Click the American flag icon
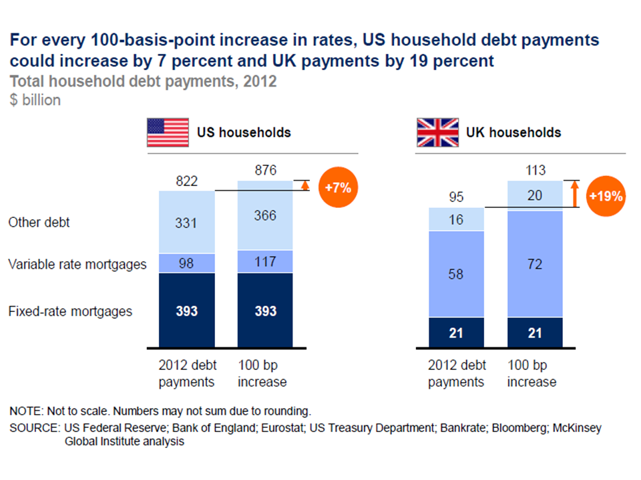pyautogui.click(x=168, y=133)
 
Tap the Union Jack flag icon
pyautogui.click(x=437, y=133)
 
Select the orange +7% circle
pyautogui.click(x=338, y=188)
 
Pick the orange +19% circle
pyautogui.click(x=606, y=196)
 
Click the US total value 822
pyautogui.click(x=186, y=181)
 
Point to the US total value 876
pyautogui.click(x=265, y=170)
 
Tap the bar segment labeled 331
pyautogui.click(x=186, y=222)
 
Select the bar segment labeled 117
pyautogui.click(x=265, y=261)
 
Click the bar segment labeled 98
pyautogui.click(x=186, y=263)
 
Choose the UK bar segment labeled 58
pyautogui.click(x=455, y=273)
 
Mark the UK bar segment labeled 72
pyautogui.click(x=535, y=264)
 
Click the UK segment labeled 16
pyautogui.click(x=455, y=219)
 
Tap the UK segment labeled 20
pyautogui.click(x=535, y=195)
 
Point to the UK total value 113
pyautogui.click(x=535, y=170)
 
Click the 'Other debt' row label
pyautogui.click(x=39, y=223)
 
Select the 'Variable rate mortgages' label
pyautogui.click(x=77, y=265)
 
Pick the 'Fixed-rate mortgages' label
pyautogui.click(x=70, y=311)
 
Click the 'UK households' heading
pyautogui.click(x=513, y=133)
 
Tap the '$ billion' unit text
pyautogui.click(x=35, y=100)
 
